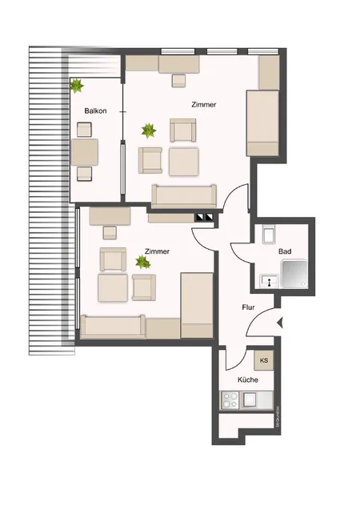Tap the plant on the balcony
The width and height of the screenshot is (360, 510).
(x=77, y=84)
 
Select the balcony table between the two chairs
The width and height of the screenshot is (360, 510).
(x=84, y=151)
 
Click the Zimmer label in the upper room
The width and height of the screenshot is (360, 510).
(x=203, y=105)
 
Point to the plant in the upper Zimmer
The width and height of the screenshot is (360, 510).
(x=147, y=128)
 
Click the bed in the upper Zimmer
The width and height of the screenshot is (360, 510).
(x=262, y=122)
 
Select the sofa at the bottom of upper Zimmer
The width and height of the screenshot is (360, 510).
(x=184, y=195)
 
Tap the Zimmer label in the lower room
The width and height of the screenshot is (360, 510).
(x=157, y=251)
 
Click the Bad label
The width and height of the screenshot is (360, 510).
(x=284, y=251)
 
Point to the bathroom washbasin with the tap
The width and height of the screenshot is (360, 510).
(x=267, y=280)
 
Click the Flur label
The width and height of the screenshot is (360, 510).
(x=249, y=307)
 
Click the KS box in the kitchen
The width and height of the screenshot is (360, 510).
(x=262, y=360)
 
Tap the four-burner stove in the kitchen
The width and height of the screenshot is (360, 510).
(x=230, y=398)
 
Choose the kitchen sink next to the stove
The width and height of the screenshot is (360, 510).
(x=251, y=398)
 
